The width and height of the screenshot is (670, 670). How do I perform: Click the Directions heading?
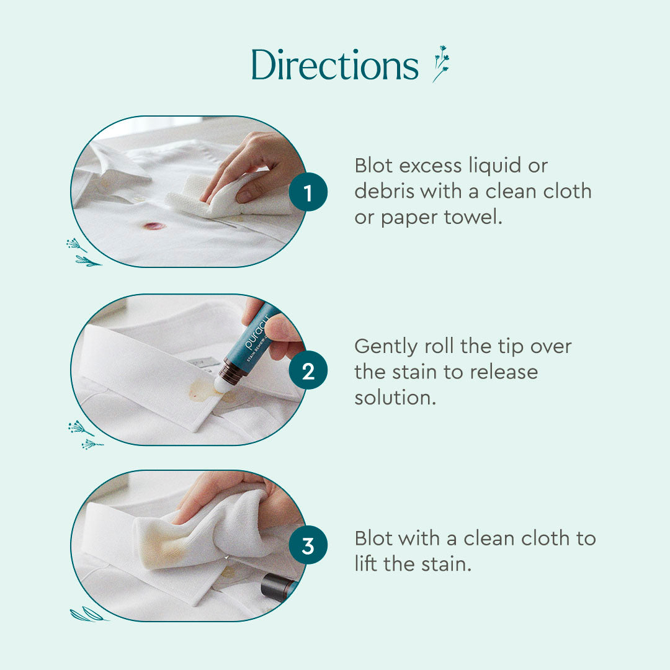[335, 65]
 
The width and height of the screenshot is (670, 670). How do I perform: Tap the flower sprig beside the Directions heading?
[441, 63]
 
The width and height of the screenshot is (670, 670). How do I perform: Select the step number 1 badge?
[308, 193]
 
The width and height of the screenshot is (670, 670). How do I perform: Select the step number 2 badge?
[308, 371]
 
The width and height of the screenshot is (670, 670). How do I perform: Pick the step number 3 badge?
[308, 547]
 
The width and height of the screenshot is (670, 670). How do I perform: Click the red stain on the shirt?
[154, 225]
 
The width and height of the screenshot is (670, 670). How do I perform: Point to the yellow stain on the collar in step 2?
[203, 390]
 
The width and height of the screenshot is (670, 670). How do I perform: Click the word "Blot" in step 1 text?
[374, 166]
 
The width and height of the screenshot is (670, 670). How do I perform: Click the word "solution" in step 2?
[395, 398]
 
